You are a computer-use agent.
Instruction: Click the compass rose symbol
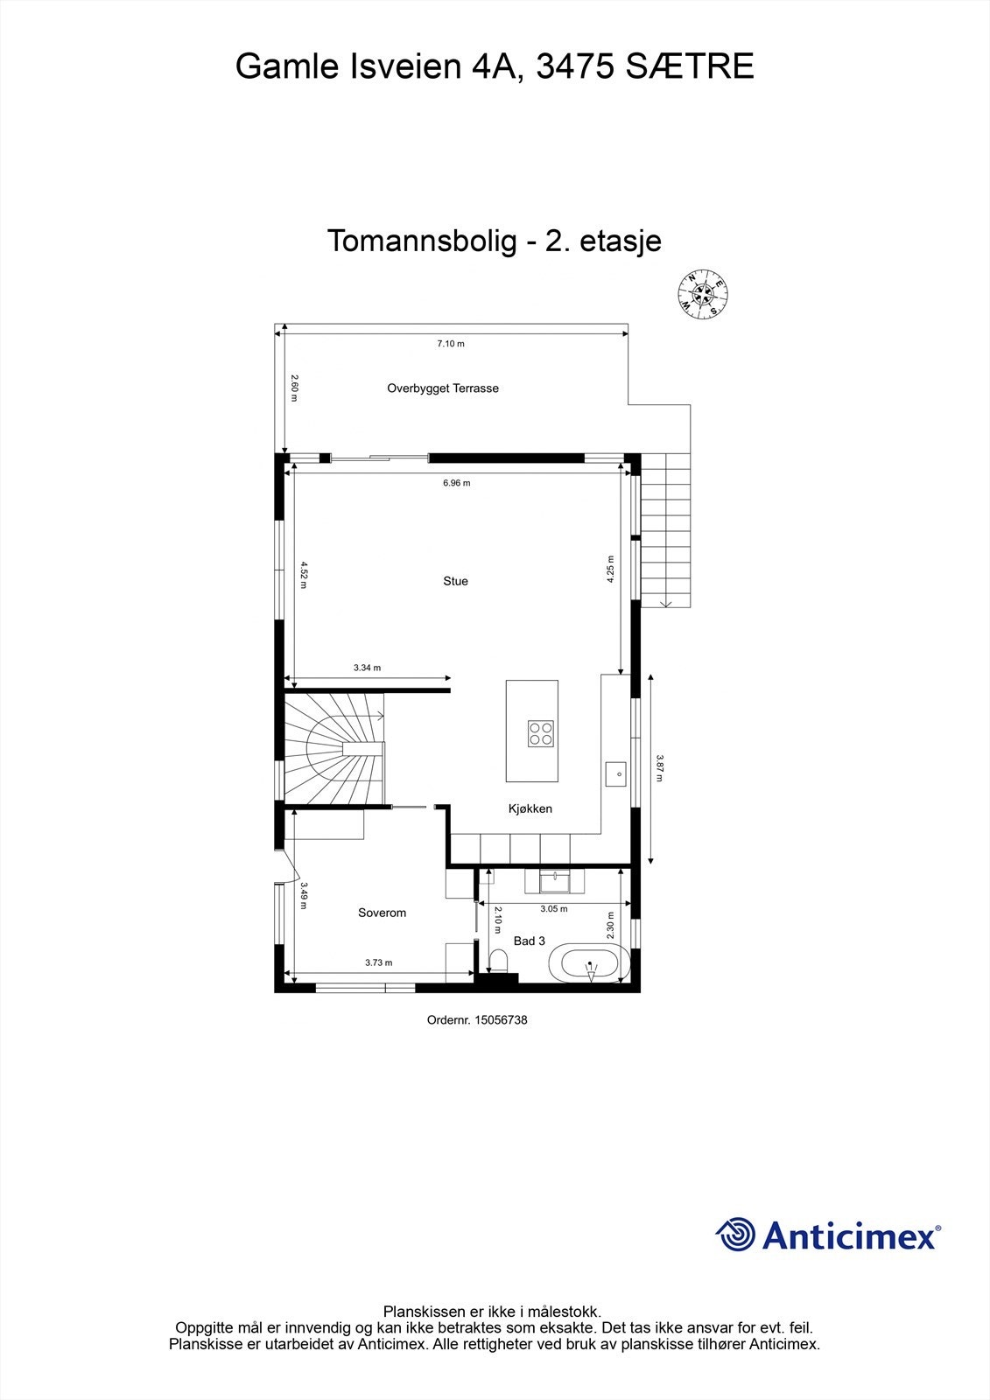click(x=704, y=294)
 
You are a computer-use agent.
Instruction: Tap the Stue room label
click(x=455, y=581)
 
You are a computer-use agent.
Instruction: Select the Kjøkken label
click(x=530, y=808)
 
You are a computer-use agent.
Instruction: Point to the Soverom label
click(x=383, y=913)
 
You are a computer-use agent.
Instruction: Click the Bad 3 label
click(x=530, y=941)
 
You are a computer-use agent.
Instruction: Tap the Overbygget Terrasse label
click(x=443, y=388)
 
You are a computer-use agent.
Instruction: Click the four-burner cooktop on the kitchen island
click(x=540, y=733)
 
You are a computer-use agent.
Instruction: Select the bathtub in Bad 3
click(x=590, y=966)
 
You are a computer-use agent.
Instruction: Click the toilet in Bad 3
click(x=499, y=961)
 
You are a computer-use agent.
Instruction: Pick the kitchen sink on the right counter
click(x=616, y=773)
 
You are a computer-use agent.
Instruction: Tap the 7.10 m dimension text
click(x=451, y=344)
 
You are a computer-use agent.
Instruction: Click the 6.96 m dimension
click(x=456, y=483)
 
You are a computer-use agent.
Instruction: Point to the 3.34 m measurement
click(x=367, y=668)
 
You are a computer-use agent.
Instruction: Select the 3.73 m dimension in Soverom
click(x=378, y=962)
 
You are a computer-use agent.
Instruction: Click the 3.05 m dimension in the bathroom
click(x=554, y=908)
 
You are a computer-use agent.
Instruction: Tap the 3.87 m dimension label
click(x=659, y=768)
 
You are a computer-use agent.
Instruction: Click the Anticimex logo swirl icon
click(x=735, y=1235)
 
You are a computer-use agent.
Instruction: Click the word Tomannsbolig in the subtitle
click(x=422, y=241)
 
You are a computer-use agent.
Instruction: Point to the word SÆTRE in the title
click(x=689, y=66)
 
